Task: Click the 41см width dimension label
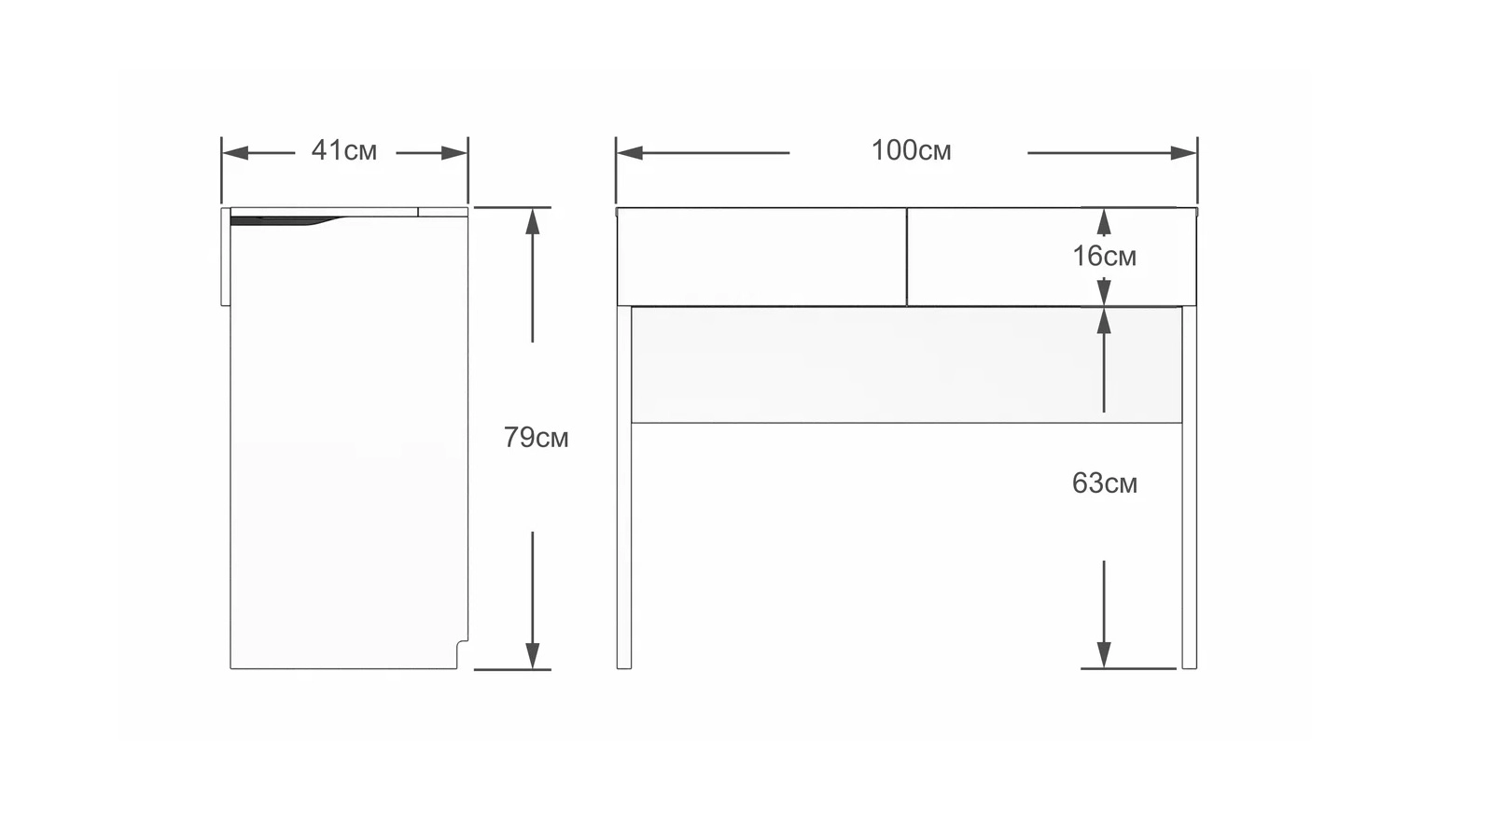(344, 150)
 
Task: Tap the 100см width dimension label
(911, 150)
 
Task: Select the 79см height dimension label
(536, 438)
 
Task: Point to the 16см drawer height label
(1105, 257)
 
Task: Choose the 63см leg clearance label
(1105, 483)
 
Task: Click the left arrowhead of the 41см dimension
(235, 153)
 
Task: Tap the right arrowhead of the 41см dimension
(453, 153)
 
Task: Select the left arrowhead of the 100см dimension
(630, 153)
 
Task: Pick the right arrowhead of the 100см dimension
(1184, 153)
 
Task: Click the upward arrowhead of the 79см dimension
(532, 221)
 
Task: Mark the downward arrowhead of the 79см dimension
(532, 656)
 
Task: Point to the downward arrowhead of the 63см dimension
(1104, 654)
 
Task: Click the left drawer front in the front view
(761, 258)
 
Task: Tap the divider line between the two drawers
(906, 258)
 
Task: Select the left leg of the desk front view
(624, 487)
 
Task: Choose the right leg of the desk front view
(1189, 487)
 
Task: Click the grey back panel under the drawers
(906, 365)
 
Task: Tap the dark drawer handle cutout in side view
(280, 220)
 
